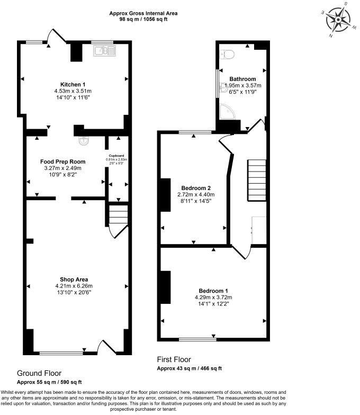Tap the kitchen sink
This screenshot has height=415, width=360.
[104, 51]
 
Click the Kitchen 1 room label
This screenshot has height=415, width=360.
[73, 85]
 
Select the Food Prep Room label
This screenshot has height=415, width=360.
[63, 161]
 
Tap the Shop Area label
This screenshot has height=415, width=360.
[74, 279]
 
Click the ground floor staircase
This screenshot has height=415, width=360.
[118, 215]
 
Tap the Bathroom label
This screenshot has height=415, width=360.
[242, 79]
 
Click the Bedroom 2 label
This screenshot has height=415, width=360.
[196, 188]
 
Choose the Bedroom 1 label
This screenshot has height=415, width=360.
[213, 291]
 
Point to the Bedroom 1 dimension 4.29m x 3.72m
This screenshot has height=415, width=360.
[213, 297]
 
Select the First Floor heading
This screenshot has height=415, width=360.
[174, 359]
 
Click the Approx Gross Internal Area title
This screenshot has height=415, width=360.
[143, 13]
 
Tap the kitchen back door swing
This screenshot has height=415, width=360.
[53, 36]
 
